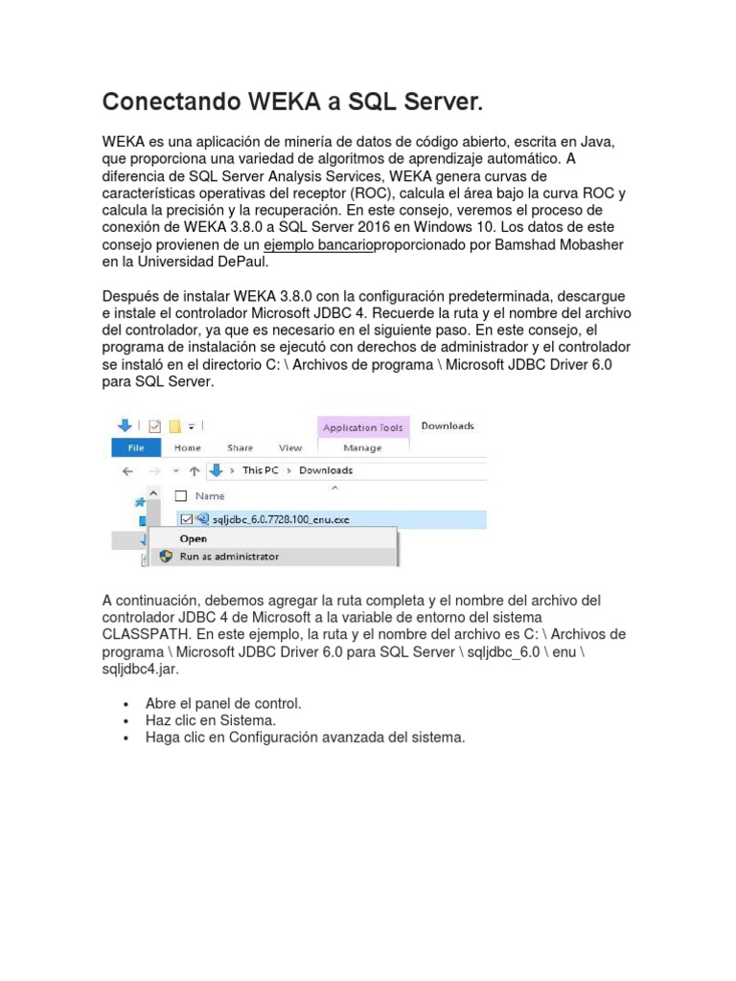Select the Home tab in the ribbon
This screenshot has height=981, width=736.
[x=188, y=447]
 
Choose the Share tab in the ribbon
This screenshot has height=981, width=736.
[x=241, y=447]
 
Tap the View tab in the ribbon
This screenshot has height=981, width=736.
[x=290, y=447]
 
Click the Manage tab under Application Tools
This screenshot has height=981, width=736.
[x=362, y=447]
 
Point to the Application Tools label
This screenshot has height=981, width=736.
[x=363, y=428]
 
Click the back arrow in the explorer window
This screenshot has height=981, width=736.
[x=126, y=470]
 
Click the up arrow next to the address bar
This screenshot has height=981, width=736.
[x=195, y=470]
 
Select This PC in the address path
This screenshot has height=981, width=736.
[x=265, y=470]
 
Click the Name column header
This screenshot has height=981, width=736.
[x=210, y=496]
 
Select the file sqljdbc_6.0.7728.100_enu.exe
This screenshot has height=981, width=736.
[x=286, y=518]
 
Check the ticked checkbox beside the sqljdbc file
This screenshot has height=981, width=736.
[x=186, y=518]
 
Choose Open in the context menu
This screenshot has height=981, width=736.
[x=194, y=538]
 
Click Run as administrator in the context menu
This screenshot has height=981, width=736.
[x=230, y=556]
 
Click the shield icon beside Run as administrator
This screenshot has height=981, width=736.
[x=165, y=556]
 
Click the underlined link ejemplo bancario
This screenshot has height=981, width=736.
[x=318, y=244]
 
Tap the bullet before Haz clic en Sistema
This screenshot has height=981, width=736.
[x=126, y=720]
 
